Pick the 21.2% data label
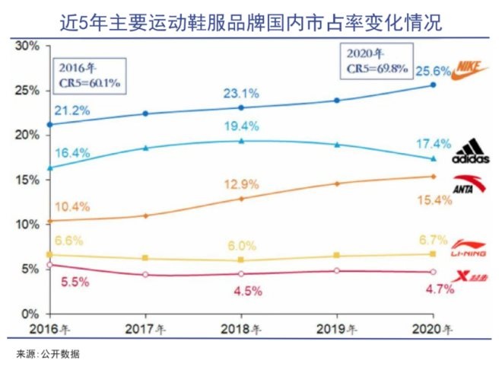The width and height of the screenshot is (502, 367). [72, 110]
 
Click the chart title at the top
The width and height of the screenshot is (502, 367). [251, 22]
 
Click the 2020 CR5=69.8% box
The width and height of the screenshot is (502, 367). [373, 60]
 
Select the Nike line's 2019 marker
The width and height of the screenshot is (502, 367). [337, 101]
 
